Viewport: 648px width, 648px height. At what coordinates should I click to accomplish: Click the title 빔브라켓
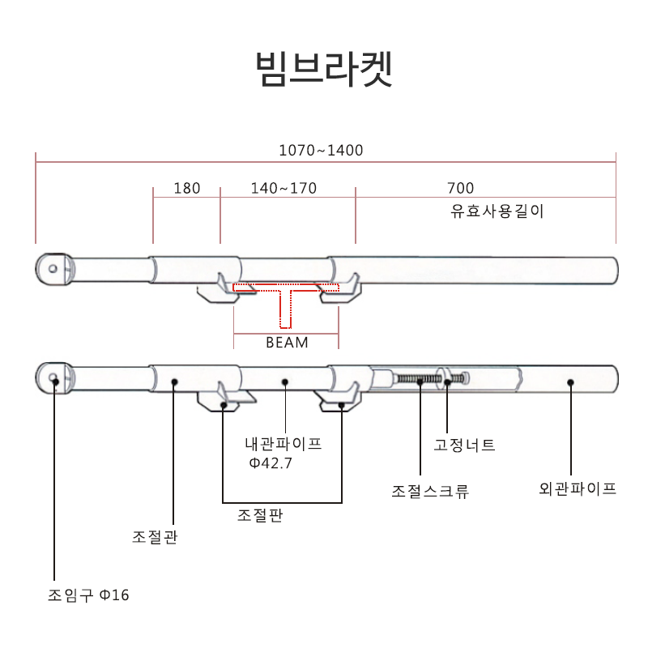tap(324, 69)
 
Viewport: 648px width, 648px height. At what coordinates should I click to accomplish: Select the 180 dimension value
tap(186, 189)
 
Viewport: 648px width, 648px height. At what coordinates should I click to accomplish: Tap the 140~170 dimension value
tap(283, 189)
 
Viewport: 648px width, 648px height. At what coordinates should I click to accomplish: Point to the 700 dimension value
tap(460, 189)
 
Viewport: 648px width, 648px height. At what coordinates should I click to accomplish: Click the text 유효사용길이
tap(497, 212)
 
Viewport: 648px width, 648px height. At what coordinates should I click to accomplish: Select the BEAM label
tap(287, 342)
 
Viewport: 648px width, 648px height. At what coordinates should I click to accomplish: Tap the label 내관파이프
tap(283, 444)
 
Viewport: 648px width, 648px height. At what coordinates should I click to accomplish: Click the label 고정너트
tap(464, 445)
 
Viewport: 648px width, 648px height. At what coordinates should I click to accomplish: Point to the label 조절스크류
tap(430, 491)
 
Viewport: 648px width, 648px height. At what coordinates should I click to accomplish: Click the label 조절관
tap(155, 537)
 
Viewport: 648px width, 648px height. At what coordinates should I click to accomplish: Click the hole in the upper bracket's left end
tap(53, 268)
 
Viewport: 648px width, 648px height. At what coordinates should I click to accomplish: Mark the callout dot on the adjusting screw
tap(420, 379)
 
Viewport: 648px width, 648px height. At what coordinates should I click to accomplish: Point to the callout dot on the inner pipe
tap(284, 380)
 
